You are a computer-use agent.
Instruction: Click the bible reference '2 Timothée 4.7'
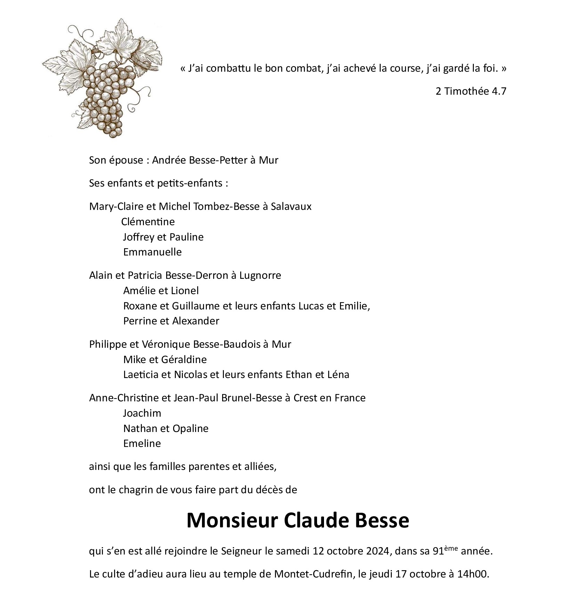(471, 91)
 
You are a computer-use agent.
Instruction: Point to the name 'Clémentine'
(148, 222)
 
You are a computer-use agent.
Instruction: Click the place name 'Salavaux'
(291, 206)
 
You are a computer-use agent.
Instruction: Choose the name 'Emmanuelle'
(152, 252)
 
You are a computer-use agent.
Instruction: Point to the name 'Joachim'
(142, 413)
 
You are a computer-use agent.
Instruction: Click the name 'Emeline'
(142, 443)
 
